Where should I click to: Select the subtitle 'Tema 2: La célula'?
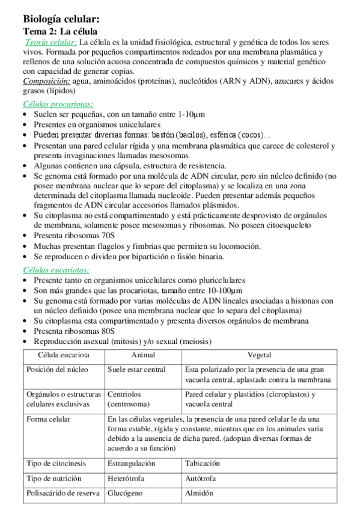tap(61, 31)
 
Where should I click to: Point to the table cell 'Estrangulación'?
tap(131, 463)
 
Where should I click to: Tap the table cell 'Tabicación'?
tap(203, 463)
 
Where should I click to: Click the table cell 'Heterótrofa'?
tap(127, 478)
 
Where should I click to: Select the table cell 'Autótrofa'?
tap(201, 478)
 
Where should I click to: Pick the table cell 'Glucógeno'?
tap(126, 493)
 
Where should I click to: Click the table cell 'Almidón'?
tap(200, 493)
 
